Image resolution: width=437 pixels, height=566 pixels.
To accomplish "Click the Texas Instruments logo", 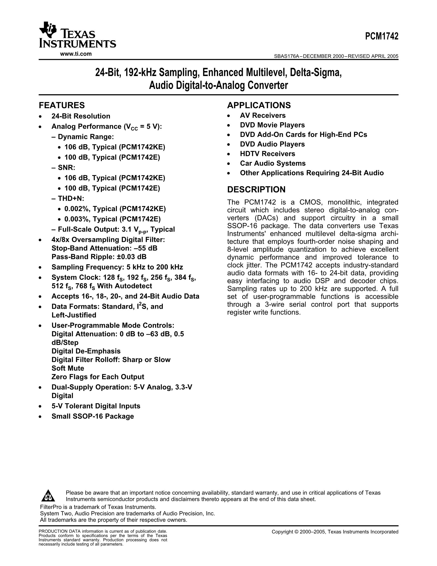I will [x=77, y=36].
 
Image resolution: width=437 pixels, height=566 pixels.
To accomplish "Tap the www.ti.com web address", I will [x=76, y=54].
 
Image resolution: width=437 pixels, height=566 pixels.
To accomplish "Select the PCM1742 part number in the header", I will [x=382, y=37].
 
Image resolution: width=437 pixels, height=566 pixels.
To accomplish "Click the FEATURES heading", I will [x=62, y=105].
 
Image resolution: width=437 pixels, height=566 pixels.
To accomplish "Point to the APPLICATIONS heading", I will [x=259, y=105].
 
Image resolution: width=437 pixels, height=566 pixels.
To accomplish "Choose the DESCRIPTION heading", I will [x=256, y=190].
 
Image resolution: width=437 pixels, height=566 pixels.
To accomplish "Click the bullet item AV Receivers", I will [x=263, y=115].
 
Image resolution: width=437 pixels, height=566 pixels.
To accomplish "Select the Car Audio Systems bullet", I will [x=273, y=163].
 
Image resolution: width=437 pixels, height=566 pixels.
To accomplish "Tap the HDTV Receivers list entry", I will [x=267, y=154].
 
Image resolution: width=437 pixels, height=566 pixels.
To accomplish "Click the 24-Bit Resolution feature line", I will [x=81, y=116].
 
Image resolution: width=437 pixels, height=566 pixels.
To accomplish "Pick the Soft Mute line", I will [x=68, y=368].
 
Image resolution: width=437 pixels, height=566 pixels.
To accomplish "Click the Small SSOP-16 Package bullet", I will [x=93, y=416].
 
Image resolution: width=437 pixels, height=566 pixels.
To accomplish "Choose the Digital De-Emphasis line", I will [x=86, y=351].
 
